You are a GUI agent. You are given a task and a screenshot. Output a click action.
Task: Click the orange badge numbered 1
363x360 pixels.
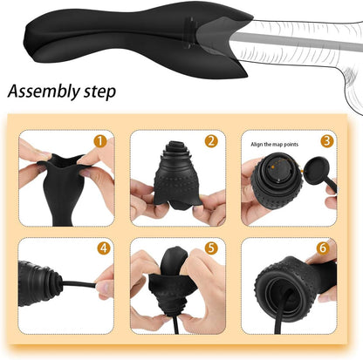click(100, 139)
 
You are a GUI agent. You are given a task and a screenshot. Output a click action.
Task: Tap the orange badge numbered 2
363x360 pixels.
click(210, 139)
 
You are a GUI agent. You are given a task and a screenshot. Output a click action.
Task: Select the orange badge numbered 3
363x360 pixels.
click(325, 139)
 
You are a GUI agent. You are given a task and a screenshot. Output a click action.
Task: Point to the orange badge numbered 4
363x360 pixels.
click(104, 248)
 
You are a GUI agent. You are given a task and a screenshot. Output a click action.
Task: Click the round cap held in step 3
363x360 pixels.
click(309, 177)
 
